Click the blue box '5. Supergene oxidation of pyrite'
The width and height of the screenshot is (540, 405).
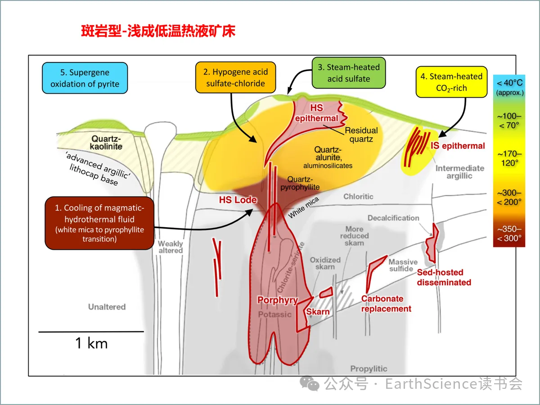[85, 78]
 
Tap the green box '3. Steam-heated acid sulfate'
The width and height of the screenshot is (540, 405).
[349, 72]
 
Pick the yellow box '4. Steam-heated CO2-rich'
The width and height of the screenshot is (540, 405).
[451, 82]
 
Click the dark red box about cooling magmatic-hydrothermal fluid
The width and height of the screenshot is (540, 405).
[99, 223]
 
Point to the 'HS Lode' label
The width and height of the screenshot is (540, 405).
[238, 200]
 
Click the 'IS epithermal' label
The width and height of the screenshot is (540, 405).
[458, 146]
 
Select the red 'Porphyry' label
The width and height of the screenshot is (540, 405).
[278, 300]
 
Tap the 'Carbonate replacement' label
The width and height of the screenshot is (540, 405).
[386, 304]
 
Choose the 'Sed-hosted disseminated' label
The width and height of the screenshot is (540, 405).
[444, 277]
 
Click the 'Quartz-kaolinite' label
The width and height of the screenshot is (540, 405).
[107, 143]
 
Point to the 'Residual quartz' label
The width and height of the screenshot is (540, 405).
[361, 135]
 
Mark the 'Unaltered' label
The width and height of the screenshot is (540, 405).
[107, 307]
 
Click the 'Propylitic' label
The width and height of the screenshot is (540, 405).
[369, 369]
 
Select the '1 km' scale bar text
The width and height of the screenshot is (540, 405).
[91, 344]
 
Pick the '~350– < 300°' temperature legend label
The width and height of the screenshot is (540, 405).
[509, 234]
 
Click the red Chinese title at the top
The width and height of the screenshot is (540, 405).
[158, 31]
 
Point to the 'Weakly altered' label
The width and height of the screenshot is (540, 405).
[171, 247]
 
